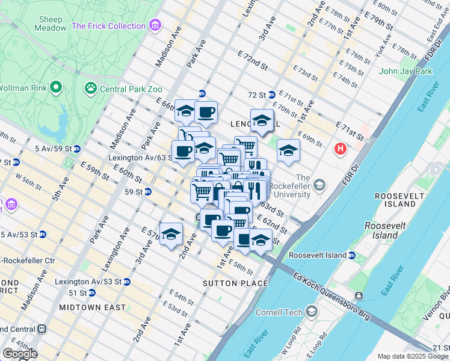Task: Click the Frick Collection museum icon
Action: pyautogui.click(x=156, y=26)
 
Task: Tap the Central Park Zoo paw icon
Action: pyautogui.click(x=91, y=89)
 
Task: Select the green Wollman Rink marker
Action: pyautogui.click(x=56, y=87)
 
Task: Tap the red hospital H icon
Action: pyautogui.click(x=341, y=148)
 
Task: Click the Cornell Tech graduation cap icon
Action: pyautogui.click(x=312, y=311)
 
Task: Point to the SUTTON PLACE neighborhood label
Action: pyautogui.click(x=235, y=283)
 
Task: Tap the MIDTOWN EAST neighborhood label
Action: pyautogui.click(x=93, y=307)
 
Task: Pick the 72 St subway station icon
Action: pyautogui.click(x=271, y=95)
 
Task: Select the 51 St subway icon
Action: pyautogui.click(x=91, y=293)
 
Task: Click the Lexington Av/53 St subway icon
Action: pyautogui.click(x=127, y=282)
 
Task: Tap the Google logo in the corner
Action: pyautogui.click(x=20, y=354)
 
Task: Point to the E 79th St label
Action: pyautogui.click(x=378, y=23)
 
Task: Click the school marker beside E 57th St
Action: pyautogui.click(x=171, y=235)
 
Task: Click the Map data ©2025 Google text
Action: pyautogui.click(x=412, y=356)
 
